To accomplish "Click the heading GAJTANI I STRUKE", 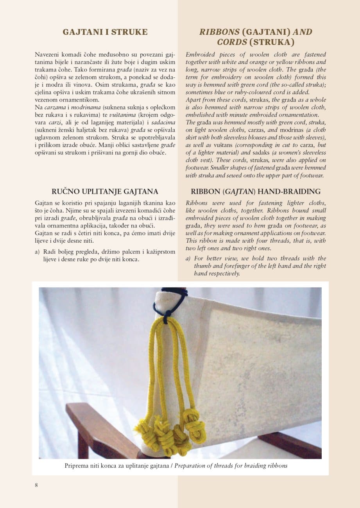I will click(105, 32).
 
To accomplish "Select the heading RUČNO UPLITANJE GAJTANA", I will click(105, 191).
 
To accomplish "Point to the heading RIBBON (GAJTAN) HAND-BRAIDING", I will click(256, 191).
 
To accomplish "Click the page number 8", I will click(36, 485).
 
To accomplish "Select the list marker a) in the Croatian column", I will click(38, 252).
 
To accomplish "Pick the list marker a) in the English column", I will click(188, 258).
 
